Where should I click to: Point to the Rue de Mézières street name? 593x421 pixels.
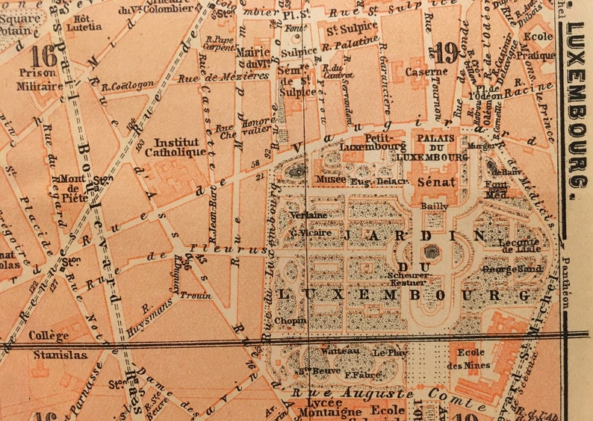click(x=234, y=76)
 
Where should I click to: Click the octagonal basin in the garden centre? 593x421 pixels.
click(x=431, y=252)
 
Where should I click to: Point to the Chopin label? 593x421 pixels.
click(x=288, y=321)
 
